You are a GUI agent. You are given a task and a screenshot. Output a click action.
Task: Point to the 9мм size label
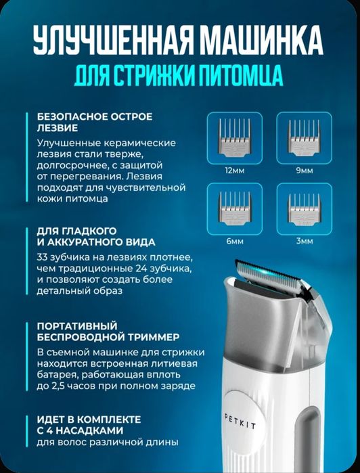(x=305, y=171)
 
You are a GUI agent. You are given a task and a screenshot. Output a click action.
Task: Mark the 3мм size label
(x=305, y=240)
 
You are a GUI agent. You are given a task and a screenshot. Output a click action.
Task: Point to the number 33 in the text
(x=44, y=257)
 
